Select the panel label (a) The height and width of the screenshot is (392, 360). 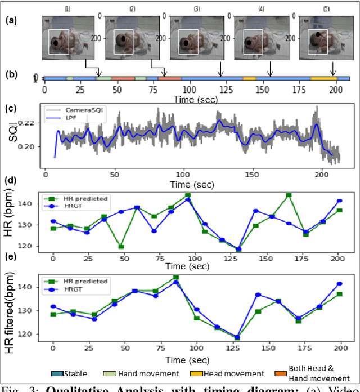click(11, 20)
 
